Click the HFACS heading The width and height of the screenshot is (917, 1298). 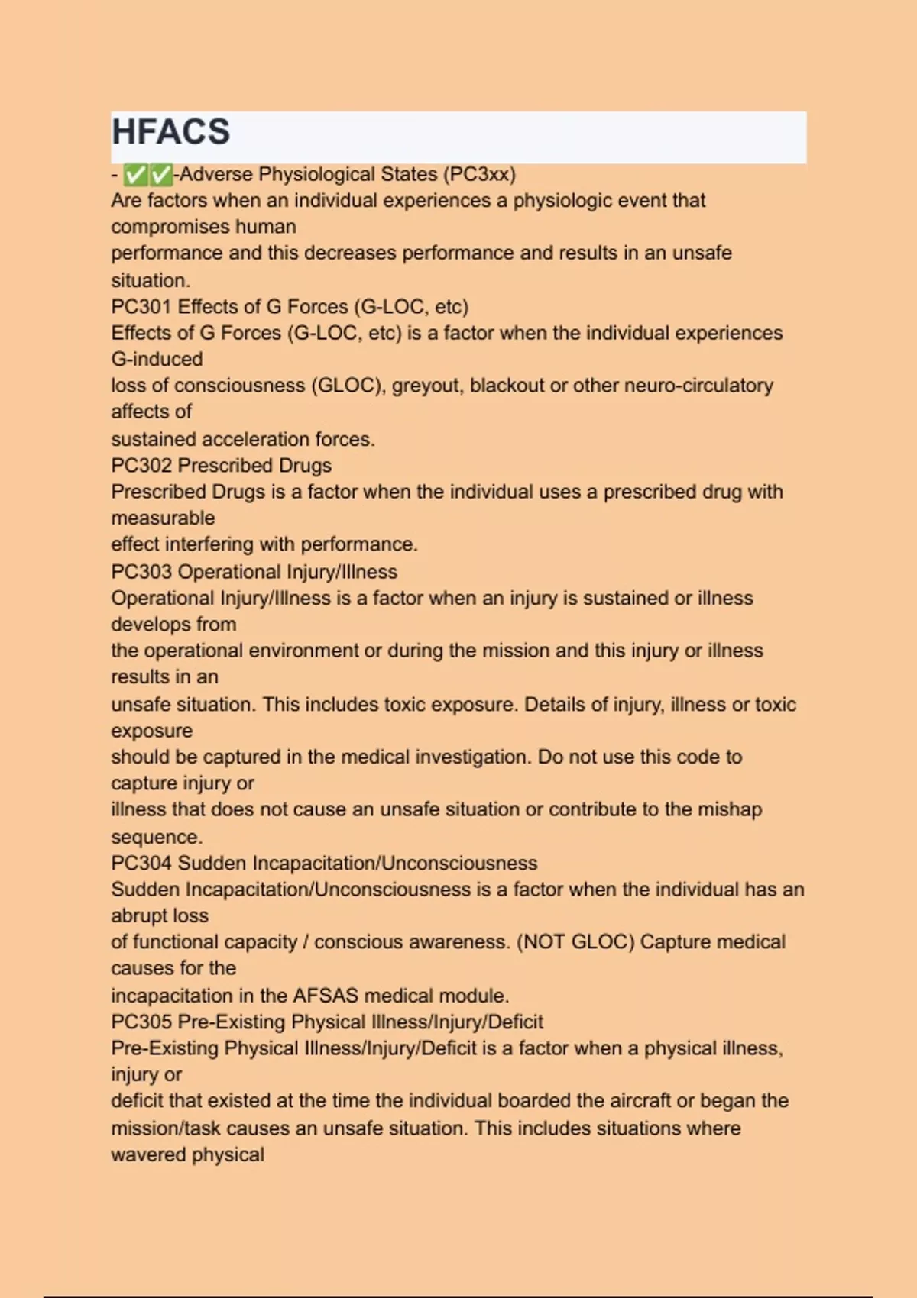coord(170,132)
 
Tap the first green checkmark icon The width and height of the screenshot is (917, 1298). coord(135,175)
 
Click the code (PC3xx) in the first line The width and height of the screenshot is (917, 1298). coord(479,174)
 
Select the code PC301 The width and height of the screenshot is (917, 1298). coord(141,307)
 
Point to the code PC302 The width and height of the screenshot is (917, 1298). coord(141,466)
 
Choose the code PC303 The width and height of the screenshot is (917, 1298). coord(141,572)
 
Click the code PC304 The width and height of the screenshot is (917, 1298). coord(141,864)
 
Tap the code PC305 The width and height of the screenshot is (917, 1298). coord(141,1022)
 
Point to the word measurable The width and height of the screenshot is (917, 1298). coord(163,518)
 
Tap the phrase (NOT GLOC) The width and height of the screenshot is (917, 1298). coord(575,942)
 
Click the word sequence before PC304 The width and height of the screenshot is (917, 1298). coord(156,838)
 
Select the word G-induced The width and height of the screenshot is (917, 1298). coord(157,360)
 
